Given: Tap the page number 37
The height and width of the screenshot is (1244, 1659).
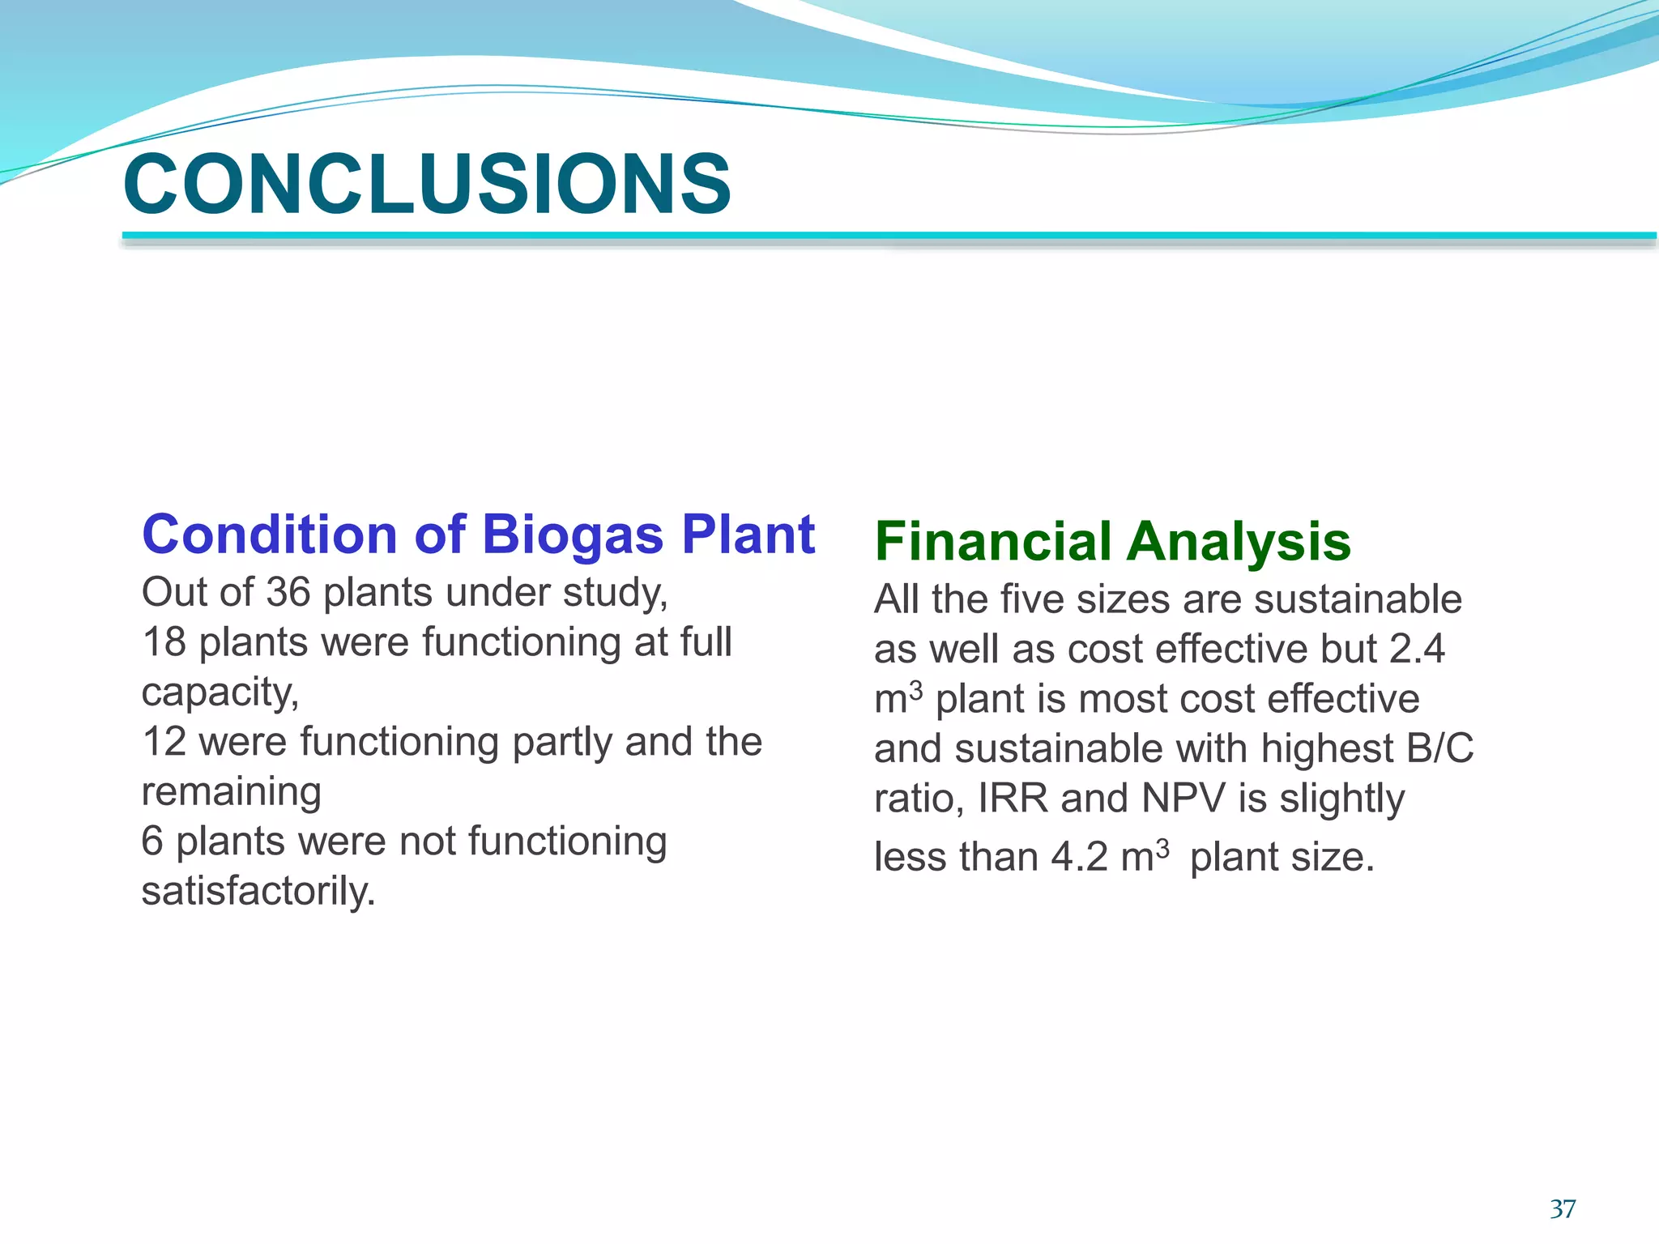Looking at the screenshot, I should pos(1563,1209).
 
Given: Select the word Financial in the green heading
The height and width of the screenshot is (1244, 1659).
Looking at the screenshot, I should pos(993,542).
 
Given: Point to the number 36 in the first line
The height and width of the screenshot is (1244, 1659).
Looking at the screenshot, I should pos(288,593).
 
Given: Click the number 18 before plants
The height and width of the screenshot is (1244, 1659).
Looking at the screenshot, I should pos(164,642).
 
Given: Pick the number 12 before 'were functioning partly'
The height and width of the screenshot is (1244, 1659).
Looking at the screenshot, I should pos(164,742).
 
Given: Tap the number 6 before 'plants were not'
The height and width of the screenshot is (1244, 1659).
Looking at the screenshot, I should pos(152,841).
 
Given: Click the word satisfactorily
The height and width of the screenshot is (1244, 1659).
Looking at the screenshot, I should pos(258,892).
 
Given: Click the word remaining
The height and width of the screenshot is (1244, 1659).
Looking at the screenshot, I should pos(231,792).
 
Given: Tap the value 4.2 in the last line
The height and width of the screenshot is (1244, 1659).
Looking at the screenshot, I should pos(1079,858).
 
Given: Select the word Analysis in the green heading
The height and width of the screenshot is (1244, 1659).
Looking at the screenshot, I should pos(1239,542).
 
